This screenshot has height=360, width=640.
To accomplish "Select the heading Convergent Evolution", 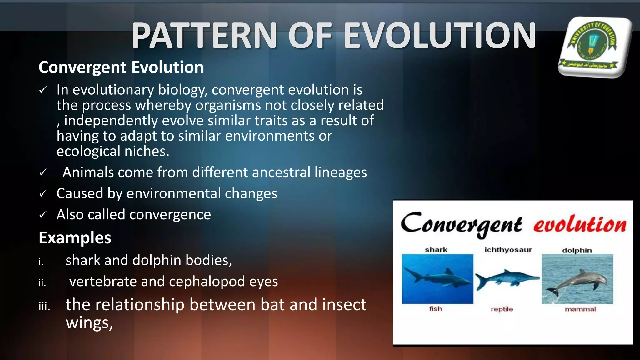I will click(121, 67).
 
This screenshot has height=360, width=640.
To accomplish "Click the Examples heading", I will click(75, 237).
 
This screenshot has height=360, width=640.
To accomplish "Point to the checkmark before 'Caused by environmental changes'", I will click(43, 194).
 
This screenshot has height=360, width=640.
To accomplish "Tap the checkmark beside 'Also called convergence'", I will click(43, 215).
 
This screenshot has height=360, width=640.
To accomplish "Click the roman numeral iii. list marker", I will click(44, 307).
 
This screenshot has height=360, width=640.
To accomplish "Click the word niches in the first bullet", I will click(147, 152).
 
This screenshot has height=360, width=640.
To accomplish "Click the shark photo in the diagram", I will click(437, 278).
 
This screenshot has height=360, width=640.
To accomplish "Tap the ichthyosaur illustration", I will click(507, 278).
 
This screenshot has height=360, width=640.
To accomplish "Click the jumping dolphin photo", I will click(577, 279).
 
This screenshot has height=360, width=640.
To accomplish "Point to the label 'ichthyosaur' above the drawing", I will click(508, 250).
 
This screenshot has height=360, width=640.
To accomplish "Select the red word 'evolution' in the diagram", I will click(580, 224).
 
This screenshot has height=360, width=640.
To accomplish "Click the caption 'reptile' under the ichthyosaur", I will click(502, 309).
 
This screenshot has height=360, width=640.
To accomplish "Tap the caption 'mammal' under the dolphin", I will click(580, 309).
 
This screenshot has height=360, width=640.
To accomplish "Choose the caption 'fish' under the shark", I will click(436, 309).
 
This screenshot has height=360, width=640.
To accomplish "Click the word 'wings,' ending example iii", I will click(89, 323).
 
